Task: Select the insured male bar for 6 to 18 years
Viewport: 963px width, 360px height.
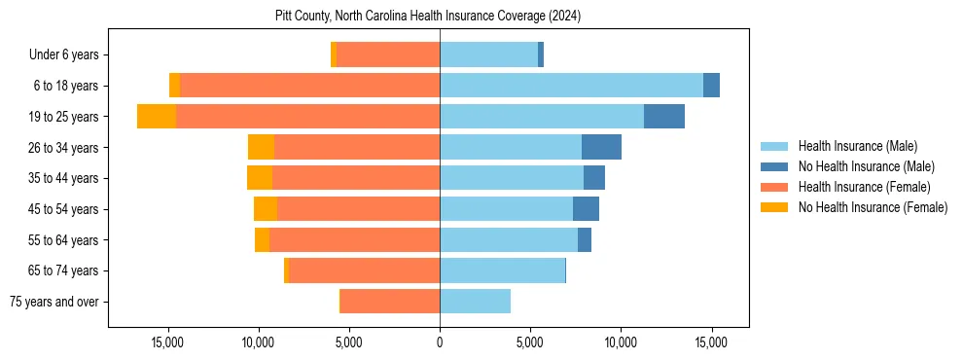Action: tap(571, 86)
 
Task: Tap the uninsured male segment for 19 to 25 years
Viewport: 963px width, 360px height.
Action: tap(663, 117)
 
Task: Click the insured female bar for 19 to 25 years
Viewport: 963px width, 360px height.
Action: tap(307, 117)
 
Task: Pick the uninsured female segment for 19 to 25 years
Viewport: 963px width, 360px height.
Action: tap(157, 117)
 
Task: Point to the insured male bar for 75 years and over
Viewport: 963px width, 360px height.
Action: tap(475, 302)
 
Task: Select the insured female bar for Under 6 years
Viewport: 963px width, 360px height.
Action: tap(388, 55)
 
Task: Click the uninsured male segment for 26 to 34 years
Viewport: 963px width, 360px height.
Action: tap(601, 147)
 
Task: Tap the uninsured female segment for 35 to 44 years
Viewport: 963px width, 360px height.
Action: tap(260, 178)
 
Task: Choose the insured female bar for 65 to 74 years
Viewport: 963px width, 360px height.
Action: tap(364, 270)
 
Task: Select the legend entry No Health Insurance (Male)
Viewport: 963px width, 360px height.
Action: tap(866, 166)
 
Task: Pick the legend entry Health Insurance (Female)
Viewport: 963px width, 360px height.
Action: tap(864, 187)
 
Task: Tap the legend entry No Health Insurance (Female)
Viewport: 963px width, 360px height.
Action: tap(873, 207)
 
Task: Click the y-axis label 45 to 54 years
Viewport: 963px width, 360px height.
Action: tap(57, 209)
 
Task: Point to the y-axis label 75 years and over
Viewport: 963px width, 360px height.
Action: tap(53, 302)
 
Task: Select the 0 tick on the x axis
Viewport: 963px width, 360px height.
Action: tap(440, 342)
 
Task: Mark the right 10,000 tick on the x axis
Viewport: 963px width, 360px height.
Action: tap(621, 342)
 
